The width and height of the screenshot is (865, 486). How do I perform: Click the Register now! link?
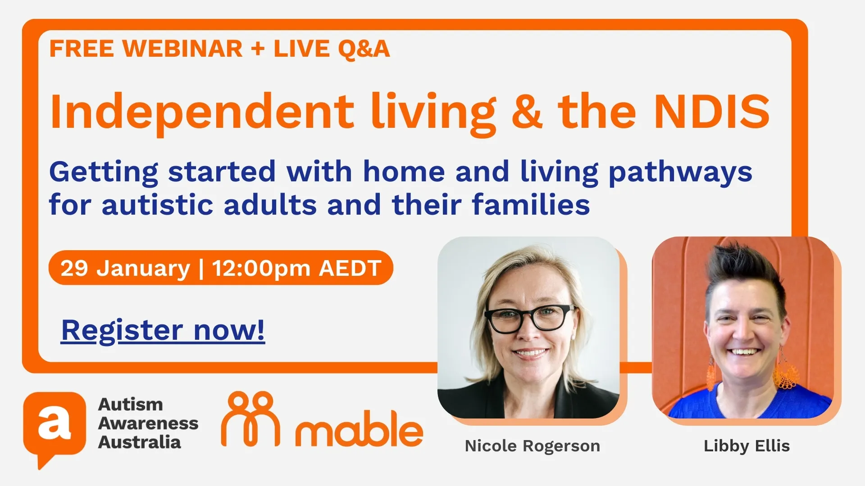click(163, 331)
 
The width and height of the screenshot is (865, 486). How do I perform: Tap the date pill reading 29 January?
click(220, 268)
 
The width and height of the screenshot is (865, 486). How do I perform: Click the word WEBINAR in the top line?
click(182, 49)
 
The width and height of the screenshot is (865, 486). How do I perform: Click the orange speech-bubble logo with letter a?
click(55, 425)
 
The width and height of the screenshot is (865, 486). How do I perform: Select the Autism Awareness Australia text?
click(148, 423)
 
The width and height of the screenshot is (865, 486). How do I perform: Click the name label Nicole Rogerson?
click(532, 446)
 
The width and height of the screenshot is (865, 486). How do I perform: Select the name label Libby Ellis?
click(747, 446)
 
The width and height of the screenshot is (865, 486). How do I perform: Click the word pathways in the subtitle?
click(680, 172)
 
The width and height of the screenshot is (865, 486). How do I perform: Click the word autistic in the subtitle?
click(157, 205)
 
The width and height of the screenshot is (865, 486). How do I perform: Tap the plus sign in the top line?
click(258, 49)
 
